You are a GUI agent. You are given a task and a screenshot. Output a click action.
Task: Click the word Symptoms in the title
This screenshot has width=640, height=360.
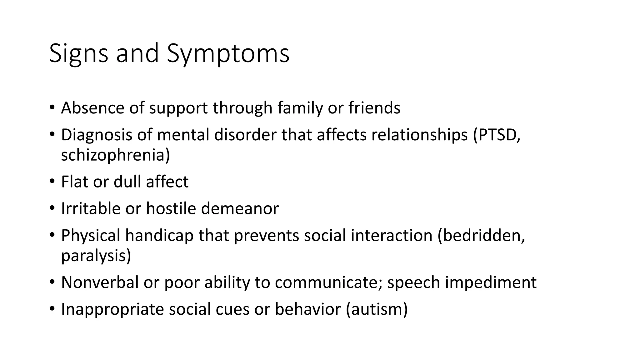228,54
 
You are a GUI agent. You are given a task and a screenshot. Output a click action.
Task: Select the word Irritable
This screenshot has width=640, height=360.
91,208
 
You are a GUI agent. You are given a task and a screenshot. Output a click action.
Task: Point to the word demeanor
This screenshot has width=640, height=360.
240,208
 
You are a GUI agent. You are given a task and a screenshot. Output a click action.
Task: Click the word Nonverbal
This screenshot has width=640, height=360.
100,282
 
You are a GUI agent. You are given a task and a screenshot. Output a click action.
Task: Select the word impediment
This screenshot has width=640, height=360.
491,282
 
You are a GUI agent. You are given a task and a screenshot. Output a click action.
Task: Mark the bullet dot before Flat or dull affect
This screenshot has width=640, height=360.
52,182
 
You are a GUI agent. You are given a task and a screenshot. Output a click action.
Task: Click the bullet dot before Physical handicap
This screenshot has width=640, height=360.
52,235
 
